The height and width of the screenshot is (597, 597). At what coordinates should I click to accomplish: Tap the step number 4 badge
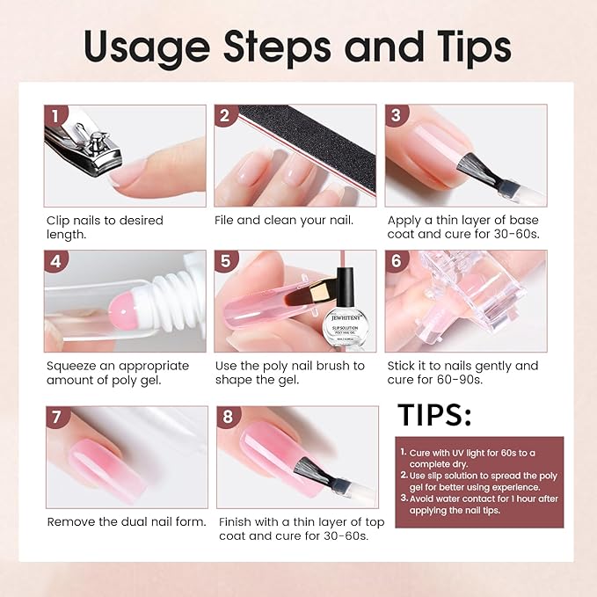(x=56, y=262)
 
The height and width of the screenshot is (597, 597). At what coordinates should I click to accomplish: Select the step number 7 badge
(x=57, y=418)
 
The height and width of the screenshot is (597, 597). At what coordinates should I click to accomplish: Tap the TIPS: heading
(x=434, y=415)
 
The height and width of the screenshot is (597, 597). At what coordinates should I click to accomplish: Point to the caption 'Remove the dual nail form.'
(x=127, y=521)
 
